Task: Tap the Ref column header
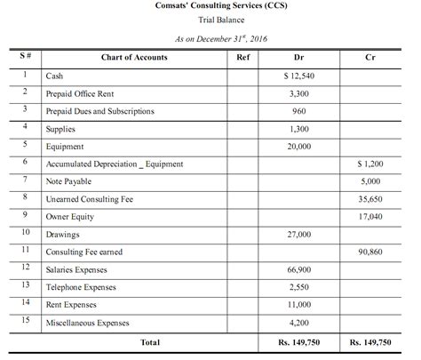pos(242,58)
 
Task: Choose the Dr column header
pos(299,58)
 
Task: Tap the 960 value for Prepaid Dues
pos(299,111)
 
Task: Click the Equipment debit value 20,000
pos(299,147)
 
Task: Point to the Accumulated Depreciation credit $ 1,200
pos(369,164)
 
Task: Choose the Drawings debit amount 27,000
pos(299,234)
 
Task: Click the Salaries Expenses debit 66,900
pos(299,269)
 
